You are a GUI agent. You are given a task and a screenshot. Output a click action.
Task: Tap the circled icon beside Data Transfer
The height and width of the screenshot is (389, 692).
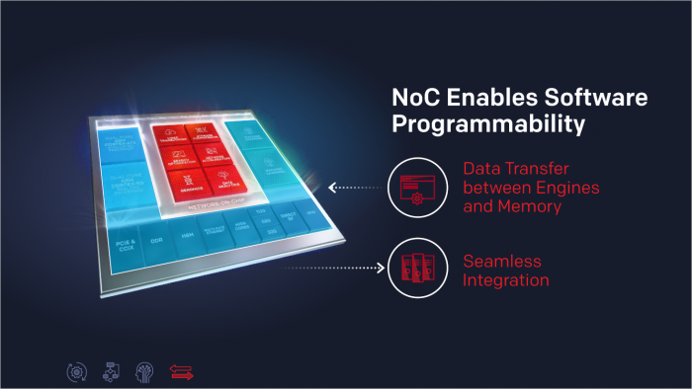[413, 185]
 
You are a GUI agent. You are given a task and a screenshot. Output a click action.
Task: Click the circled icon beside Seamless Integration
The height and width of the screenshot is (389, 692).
[413, 267]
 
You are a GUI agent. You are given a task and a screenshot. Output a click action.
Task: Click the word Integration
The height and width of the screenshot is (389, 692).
[506, 280]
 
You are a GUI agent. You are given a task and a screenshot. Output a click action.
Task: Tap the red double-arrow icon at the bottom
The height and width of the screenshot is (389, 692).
[181, 370]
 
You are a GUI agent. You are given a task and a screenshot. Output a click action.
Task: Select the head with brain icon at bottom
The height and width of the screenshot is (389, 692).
[143, 370]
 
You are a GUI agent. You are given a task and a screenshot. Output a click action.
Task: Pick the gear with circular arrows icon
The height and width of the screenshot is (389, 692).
[73, 370]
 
